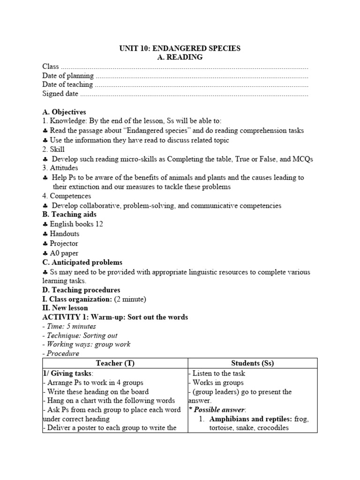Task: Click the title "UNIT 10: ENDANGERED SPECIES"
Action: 180,49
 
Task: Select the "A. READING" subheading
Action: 180,57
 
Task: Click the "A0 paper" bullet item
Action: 64,253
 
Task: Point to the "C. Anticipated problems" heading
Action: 82,262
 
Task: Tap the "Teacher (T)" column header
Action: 115,363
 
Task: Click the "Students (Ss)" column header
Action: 253,363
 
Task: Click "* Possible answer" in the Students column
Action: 213,410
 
